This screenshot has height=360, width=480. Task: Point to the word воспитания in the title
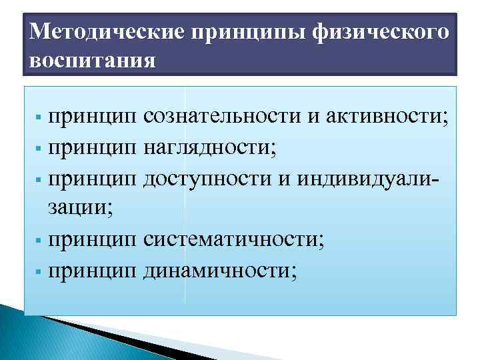93,60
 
